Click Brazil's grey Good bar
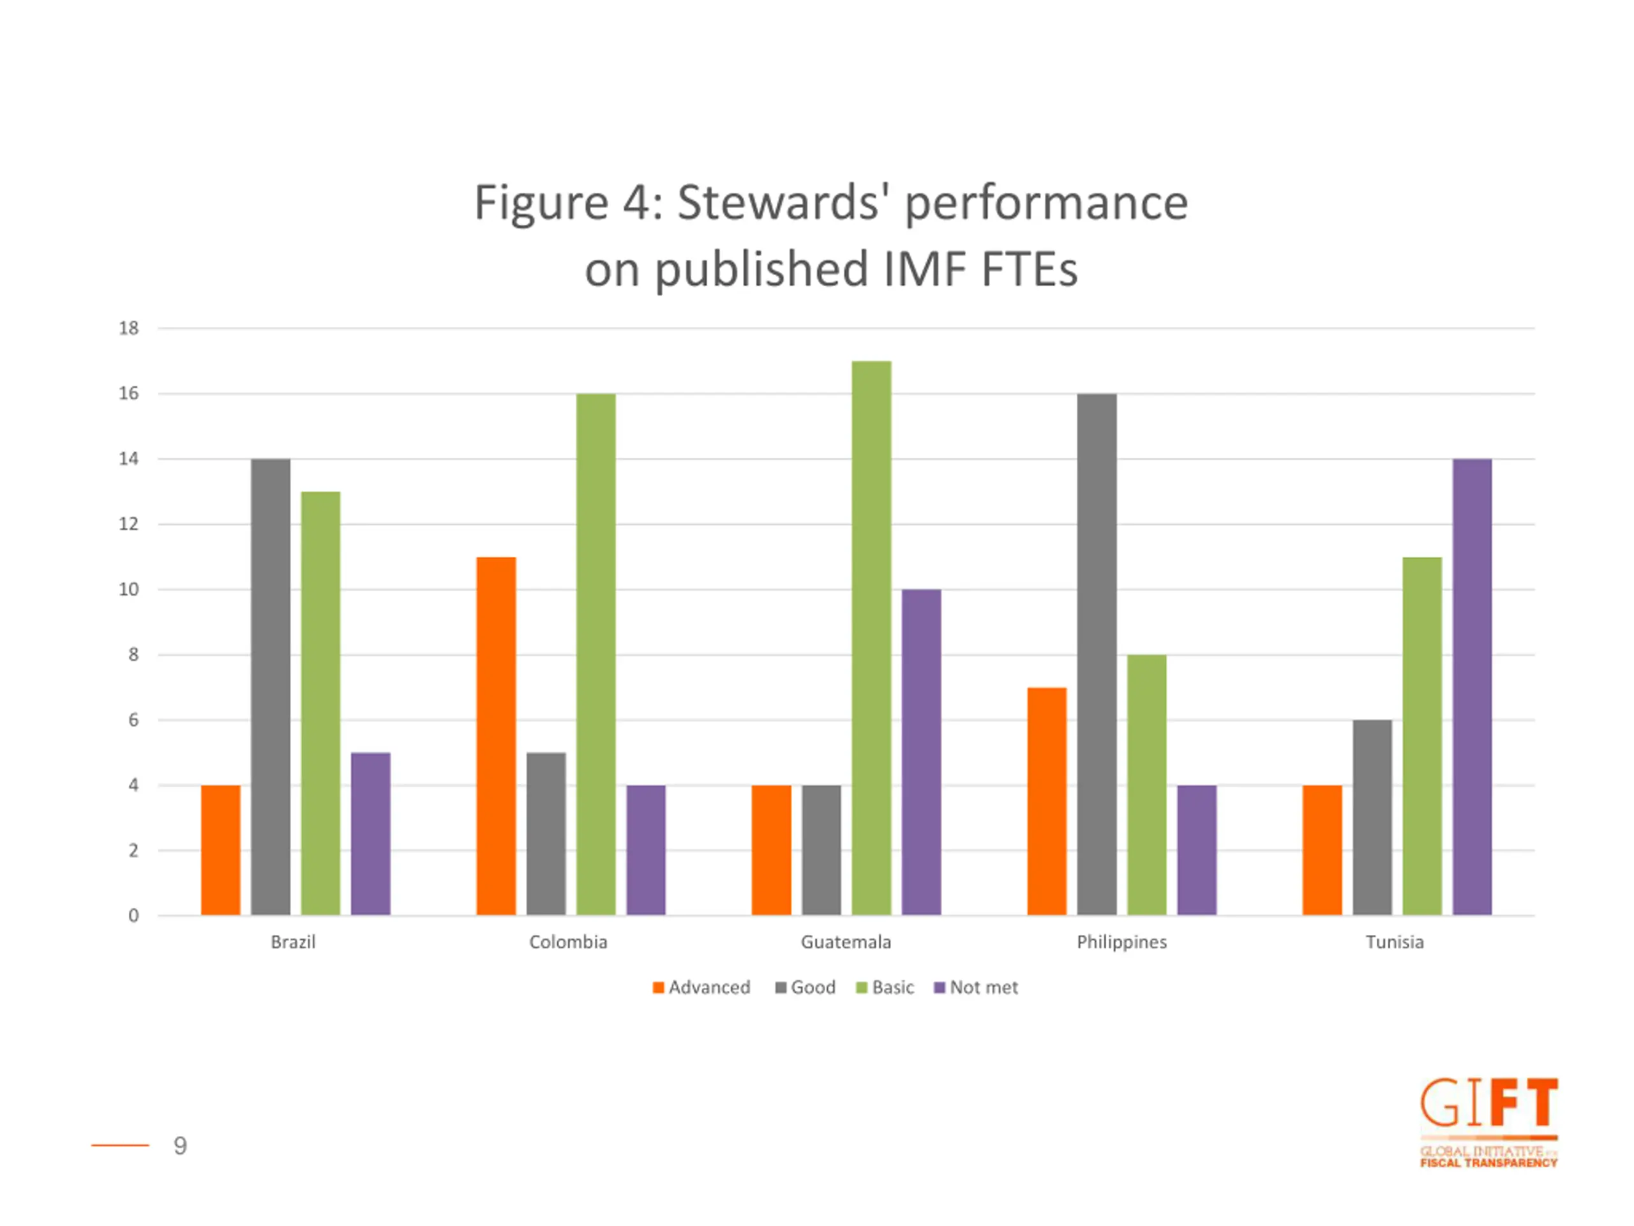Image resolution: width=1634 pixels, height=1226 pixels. pyautogui.click(x=271, y=687)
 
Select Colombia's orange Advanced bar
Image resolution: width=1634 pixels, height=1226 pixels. pyautogui.click(x=496, y=736)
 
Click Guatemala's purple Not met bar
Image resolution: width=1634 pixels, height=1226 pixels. pyautogui.click(x=921, y=752)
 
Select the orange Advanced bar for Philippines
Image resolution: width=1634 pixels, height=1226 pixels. pyautogui.click(x=1047, y=801)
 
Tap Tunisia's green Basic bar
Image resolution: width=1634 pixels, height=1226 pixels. pyautogui.click(x=1422, y=736)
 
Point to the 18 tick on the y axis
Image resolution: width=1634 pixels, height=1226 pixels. pyautogui.click(x=128, y=328)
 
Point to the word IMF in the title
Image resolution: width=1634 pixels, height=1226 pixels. pyautogui.click(x=924, y=269)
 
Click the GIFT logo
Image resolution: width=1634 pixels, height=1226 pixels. pyautogui.click(x=1488, y=1122)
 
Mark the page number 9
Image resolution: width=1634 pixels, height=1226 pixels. pyautogui.click(x=180, y=1146)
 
